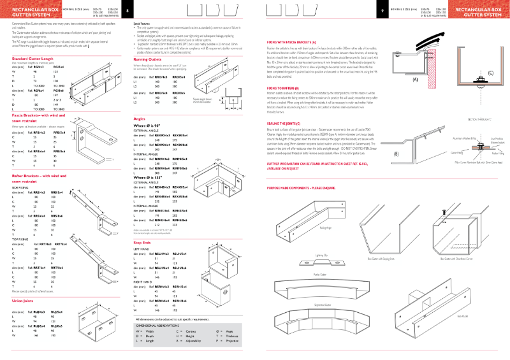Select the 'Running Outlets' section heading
(x=147, y=59)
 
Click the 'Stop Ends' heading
(x=142, y=243)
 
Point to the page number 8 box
(x=127, y=11)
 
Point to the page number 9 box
(x=382, y=11)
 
